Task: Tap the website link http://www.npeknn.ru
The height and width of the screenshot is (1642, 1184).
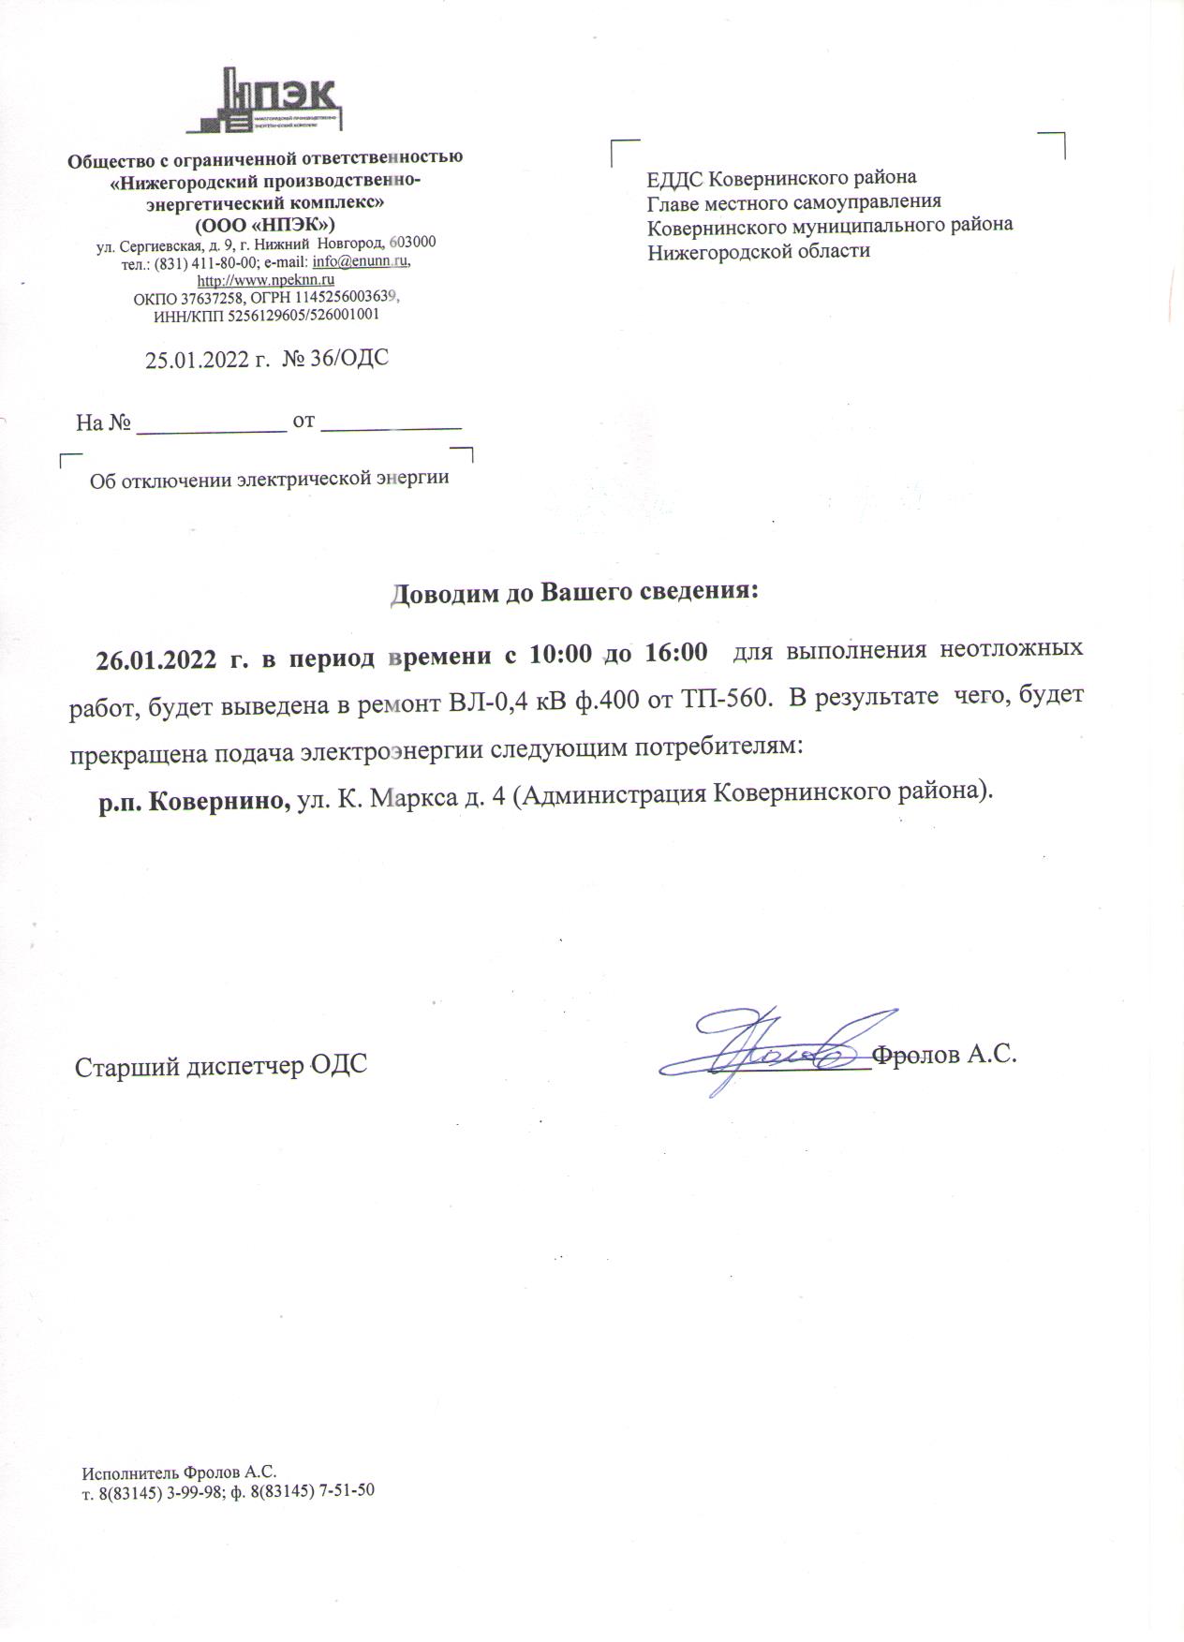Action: point(266,279)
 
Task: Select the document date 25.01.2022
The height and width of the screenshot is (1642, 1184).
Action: point(199,359)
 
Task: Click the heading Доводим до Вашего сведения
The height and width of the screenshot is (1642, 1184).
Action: point(573,593)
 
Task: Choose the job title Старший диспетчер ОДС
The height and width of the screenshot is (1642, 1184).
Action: point(221,1066)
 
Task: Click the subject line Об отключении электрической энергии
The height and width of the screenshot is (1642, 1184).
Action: point(269,479)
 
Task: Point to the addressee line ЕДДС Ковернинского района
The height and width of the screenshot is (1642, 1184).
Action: point(782,177)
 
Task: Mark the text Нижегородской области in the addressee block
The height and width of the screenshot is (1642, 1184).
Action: point(759,250)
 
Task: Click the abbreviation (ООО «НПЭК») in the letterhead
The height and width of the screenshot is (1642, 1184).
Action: point(265,225)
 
